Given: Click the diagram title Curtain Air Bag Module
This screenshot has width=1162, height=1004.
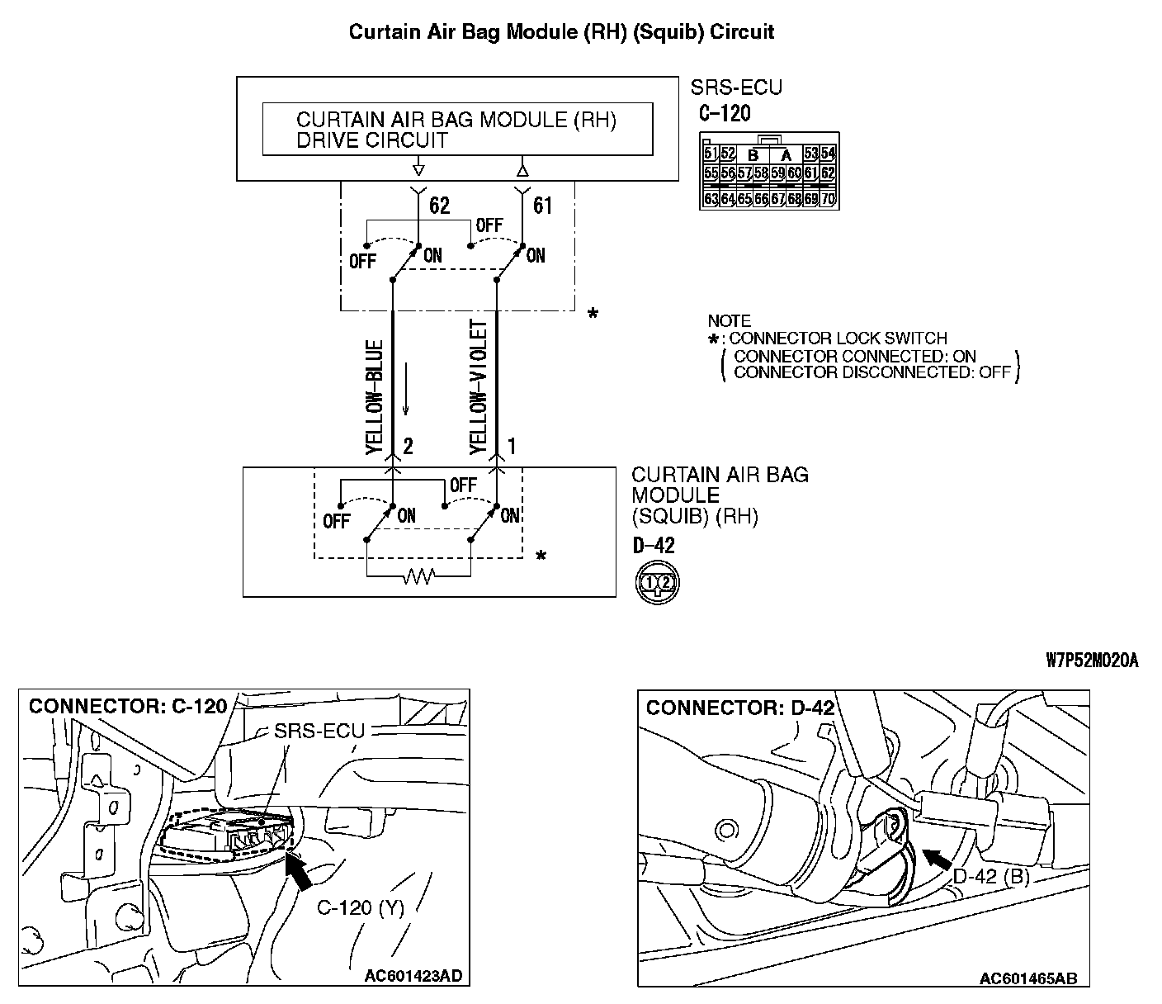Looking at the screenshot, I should coord(561,32).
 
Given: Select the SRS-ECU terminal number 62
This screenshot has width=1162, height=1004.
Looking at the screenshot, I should coord(440,205).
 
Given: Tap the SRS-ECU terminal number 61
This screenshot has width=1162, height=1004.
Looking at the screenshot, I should coord(542,205).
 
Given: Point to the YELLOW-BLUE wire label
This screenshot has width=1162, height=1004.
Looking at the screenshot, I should coord(374,397).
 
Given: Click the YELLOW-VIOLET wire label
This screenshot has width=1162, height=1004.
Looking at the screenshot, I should coord(478,386).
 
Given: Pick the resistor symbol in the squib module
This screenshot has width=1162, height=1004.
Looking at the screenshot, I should coord(418,577).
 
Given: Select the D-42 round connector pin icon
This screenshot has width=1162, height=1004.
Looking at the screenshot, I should coord(657,582).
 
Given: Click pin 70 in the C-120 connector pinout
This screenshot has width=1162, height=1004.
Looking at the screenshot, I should coord(829,199).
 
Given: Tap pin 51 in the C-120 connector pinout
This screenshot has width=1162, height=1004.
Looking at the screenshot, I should coord(711,154).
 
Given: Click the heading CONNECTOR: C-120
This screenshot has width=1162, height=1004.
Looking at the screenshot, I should coord(128,707).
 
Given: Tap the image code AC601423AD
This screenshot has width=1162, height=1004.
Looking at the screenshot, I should coord(413,976).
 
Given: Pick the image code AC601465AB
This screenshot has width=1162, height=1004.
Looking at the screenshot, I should coord(1027,978).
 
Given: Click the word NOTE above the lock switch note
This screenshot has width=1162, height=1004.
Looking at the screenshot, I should coord(729,320).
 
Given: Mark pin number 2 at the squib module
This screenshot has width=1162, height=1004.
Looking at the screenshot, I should coord(408,447).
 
